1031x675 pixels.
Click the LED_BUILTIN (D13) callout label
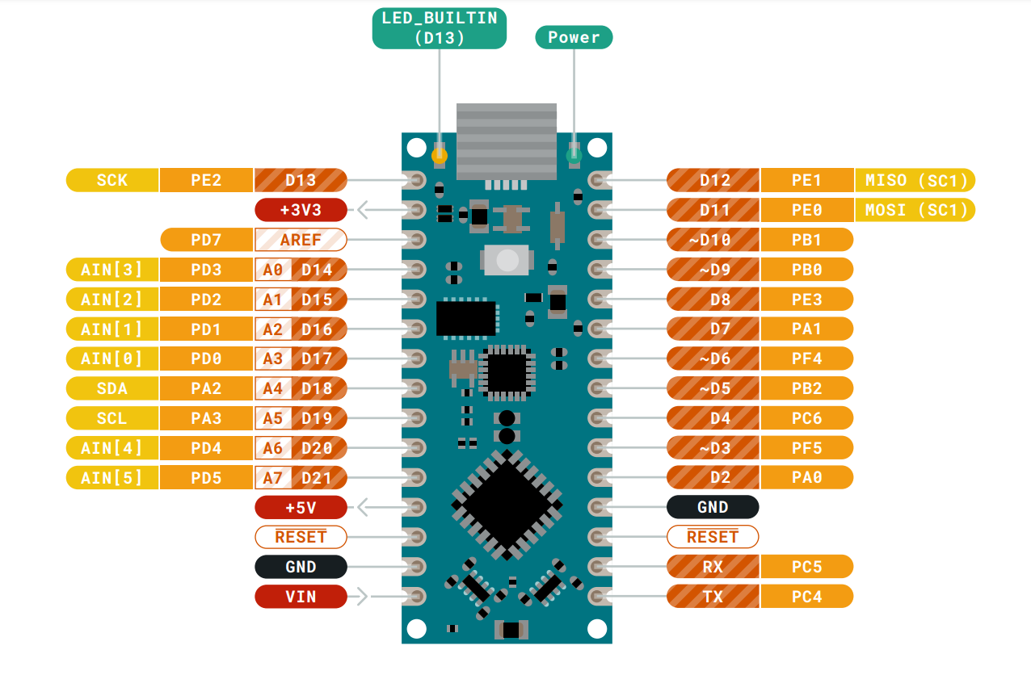pyautogui.click(x=439, y=27)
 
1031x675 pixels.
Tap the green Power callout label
pyautogui.click(x=574, y=37)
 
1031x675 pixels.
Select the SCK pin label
pyautogui.click(x=112, y=180)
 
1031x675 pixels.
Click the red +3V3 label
pyautogui.click(x=301, y=210)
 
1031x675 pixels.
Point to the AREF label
pyautogui.click(x=301, y=240)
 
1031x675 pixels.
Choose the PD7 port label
pyautogui.click(x=207, y=240)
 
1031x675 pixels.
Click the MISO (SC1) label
pyautogui.click(x=915, y=180)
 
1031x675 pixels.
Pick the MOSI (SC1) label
pyautogui.click(x=915, y=210)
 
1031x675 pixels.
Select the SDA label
pyautogui.click(x=112, y=388)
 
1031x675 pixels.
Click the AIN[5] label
pyautogui.click(x=112, y=477)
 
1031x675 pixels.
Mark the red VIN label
pyautogui.click(x=301, y=597)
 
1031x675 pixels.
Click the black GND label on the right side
pyautogui.click(x=713, y=507)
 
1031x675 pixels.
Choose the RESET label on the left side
pyautogui.click(x=301, y=537)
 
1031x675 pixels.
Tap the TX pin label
pyautogui.click(x=713, y=597)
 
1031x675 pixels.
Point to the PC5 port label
pyautogui.click(x=806, y=567)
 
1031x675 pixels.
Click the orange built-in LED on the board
pyautogui.click(x=440, y=154)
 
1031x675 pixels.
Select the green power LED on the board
pyautogui.click(x=574, y=154)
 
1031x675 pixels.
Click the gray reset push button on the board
pyautogui.click(x=507, y=260)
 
